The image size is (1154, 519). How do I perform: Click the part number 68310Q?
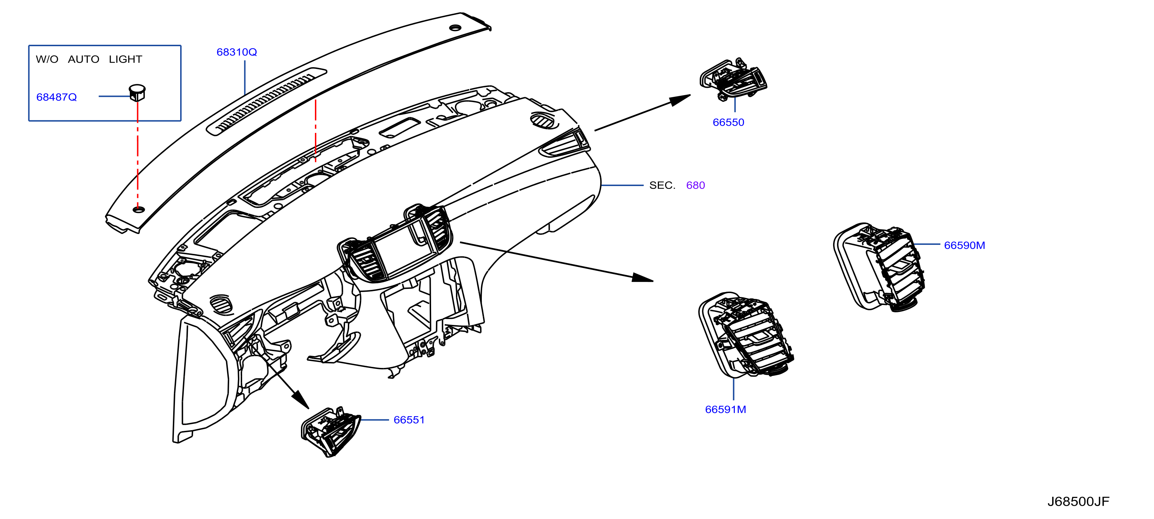coord(237,52)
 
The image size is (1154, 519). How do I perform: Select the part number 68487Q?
coord(56,97)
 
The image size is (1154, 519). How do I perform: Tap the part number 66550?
coord(729,122)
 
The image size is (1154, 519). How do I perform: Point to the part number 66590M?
coord(964,246)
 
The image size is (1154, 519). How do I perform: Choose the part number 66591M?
coord(726,409)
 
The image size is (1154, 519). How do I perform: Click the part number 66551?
coord(409,420)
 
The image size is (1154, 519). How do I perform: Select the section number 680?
coord(696,185)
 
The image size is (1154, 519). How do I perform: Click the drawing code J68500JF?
coord(1078,502)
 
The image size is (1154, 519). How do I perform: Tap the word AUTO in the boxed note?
coord(84,59)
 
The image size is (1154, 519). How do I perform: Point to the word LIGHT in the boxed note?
coord(125,59)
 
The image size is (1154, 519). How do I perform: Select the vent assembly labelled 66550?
coord(733,79)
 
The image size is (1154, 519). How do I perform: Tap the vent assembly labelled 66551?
coord(331,432)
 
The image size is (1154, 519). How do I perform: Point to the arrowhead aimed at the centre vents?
coord(642,278)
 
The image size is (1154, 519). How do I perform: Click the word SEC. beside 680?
coord(662,185)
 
